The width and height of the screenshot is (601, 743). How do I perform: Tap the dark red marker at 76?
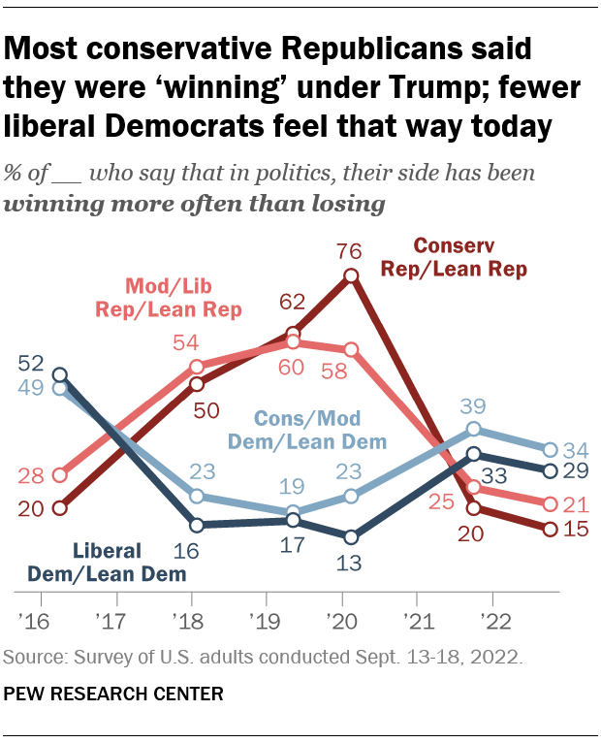tap(352, 276)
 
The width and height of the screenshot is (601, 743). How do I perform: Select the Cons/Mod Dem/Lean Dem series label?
tap(308, 430)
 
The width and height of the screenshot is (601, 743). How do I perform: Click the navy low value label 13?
tap(352, 562)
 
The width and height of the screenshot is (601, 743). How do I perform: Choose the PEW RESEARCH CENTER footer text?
tap(113, 694)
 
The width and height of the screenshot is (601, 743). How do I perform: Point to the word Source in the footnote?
tap(33, 658)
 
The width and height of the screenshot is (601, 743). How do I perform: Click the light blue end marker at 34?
tap(550, 450)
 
